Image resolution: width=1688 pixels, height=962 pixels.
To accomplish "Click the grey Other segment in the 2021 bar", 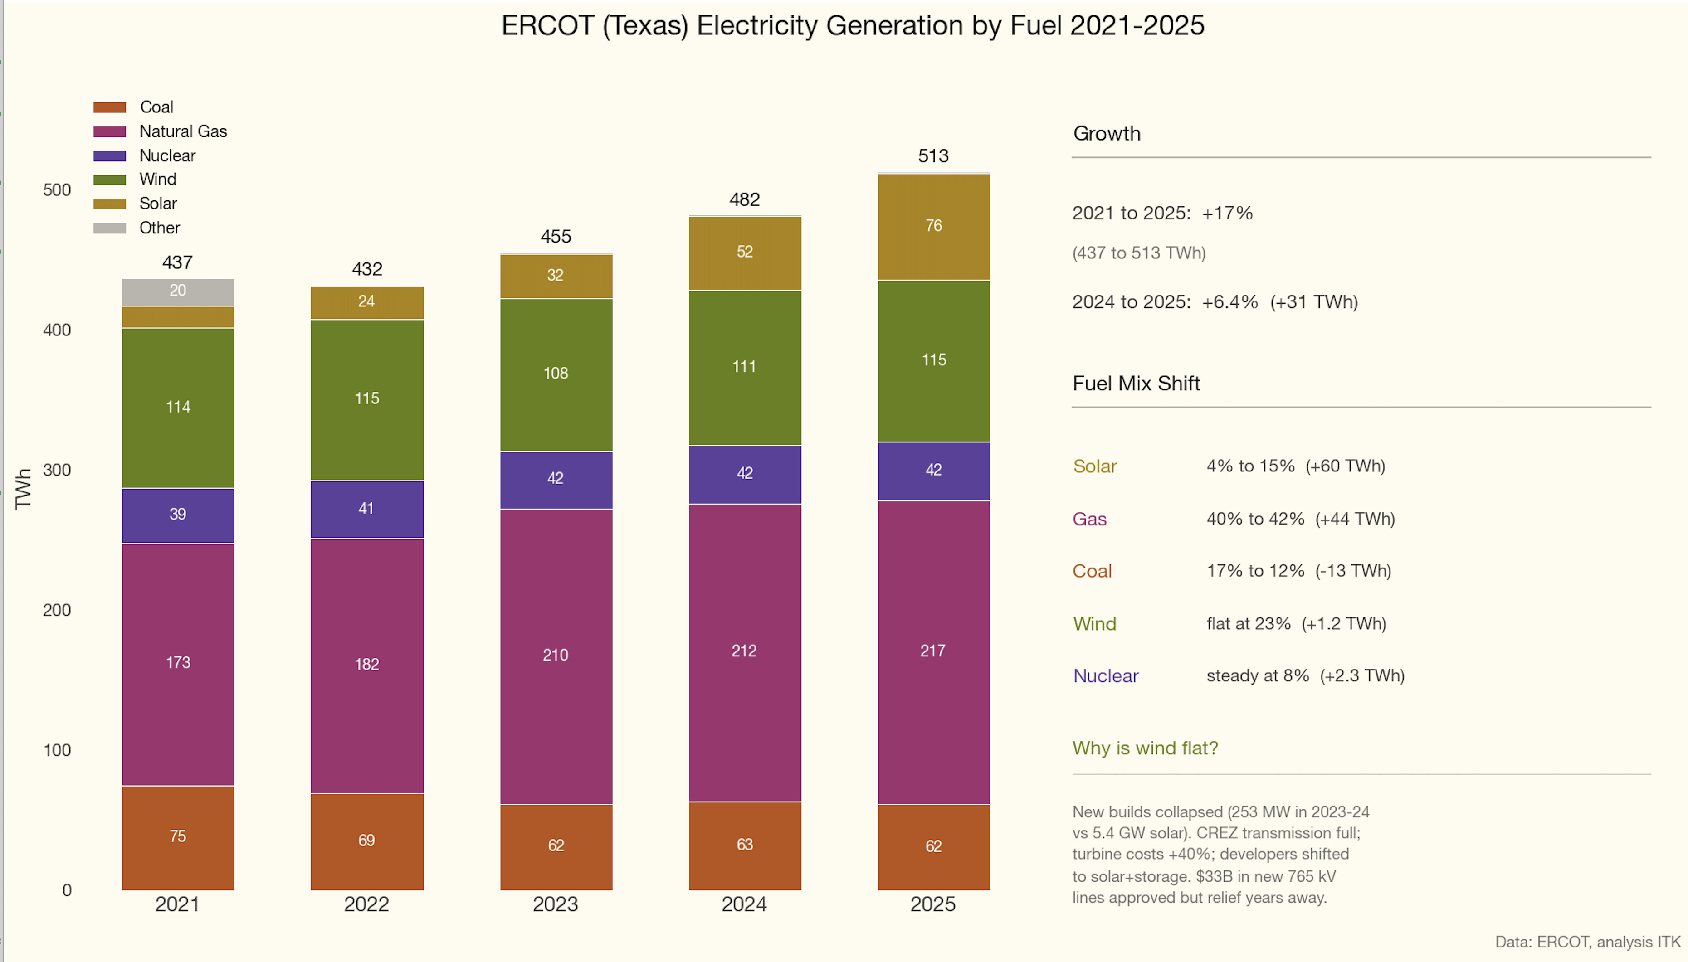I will coord(178,292).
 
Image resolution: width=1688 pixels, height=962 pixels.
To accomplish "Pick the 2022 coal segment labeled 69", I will coord(367,841).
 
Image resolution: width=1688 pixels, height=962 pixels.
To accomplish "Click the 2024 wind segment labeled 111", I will coord(744,367).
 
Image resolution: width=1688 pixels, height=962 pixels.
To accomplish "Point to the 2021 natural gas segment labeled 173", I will coord(178,663).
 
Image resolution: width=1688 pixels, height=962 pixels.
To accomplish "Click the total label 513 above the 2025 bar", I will coord(933,156).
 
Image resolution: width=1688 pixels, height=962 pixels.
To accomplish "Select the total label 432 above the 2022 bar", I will coord(367,269).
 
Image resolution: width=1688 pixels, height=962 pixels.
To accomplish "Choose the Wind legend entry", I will coord(157,179).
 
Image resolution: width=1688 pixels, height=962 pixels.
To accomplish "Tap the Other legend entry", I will coord(159,228).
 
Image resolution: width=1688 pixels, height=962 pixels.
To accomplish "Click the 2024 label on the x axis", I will coord(744,904).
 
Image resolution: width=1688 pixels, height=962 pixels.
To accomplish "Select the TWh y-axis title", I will coord(24,488).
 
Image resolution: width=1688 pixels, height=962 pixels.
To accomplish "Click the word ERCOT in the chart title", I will coord(547,26).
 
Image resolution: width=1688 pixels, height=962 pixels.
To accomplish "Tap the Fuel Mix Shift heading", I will coord(1136,383).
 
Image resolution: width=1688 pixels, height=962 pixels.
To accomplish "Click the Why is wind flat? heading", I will coord(1145,748).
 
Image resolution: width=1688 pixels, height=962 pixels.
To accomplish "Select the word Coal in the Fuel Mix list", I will coord(1092,571).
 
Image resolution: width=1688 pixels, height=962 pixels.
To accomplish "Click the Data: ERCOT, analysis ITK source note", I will coord(1587,942).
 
